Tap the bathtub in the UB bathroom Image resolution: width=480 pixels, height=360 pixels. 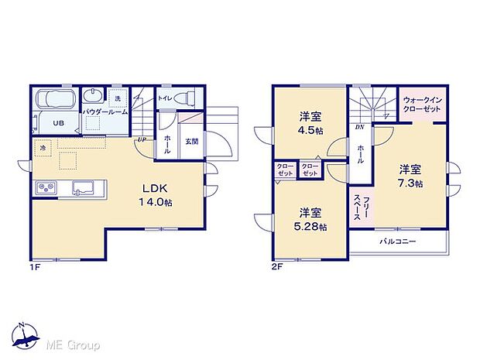[57, 100]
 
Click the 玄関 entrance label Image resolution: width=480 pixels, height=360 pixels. [191, 141]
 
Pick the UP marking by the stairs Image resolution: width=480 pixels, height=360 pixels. [142, 139]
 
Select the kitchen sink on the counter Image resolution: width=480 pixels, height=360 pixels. [84, 187]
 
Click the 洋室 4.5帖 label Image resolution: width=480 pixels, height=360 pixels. [311, 123]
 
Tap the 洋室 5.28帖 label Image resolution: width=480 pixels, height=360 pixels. [311, 219]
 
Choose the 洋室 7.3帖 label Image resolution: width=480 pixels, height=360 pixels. [410, 176]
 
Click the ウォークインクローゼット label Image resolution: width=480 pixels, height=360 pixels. [421, 105]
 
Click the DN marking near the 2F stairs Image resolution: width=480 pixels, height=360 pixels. [359, 127]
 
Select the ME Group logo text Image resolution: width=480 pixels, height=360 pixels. [74, 344]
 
